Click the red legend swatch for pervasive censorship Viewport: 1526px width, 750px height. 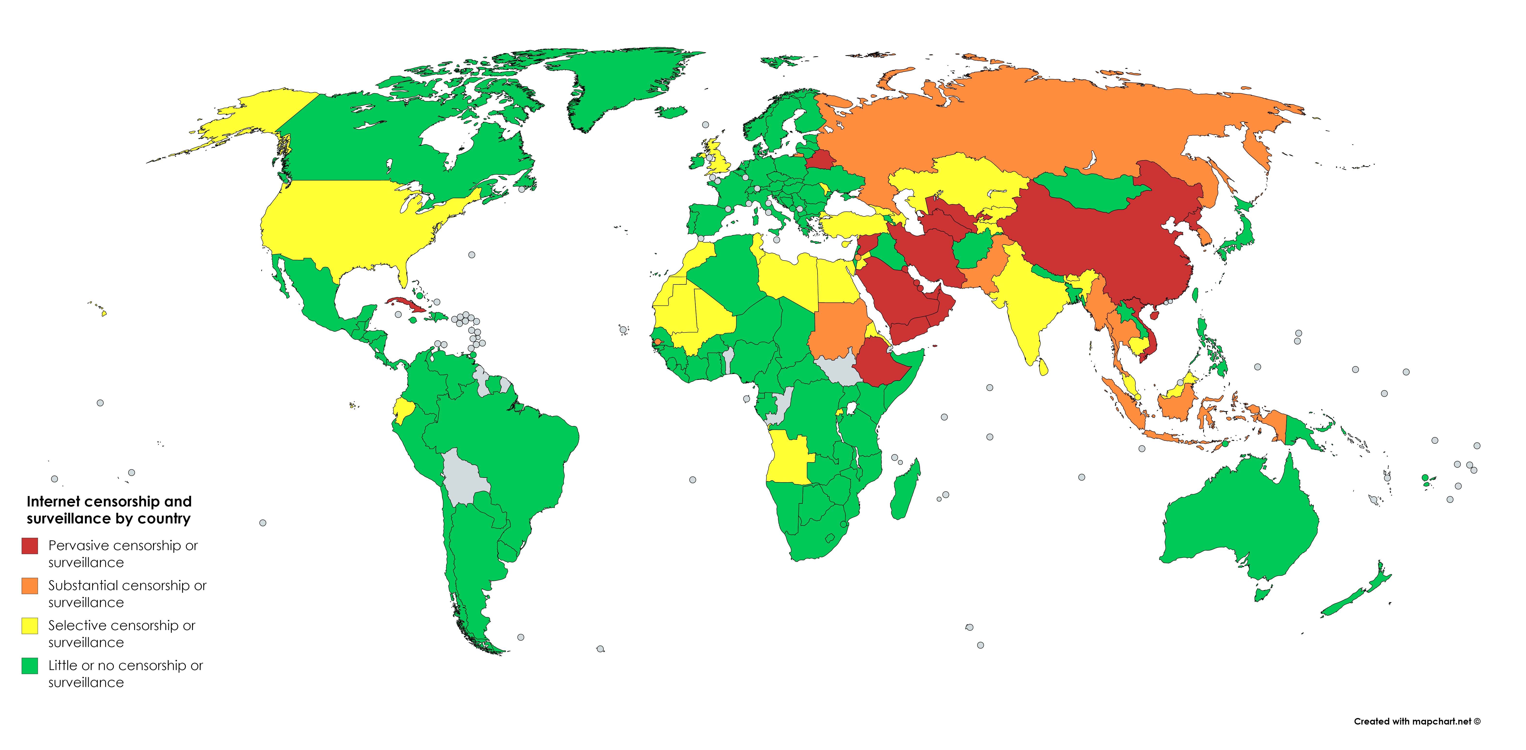(x=30, y=546)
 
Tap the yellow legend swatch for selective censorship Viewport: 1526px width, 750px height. (x=30, y=626)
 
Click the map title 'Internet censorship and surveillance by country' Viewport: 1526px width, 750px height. (x=109, y=510)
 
